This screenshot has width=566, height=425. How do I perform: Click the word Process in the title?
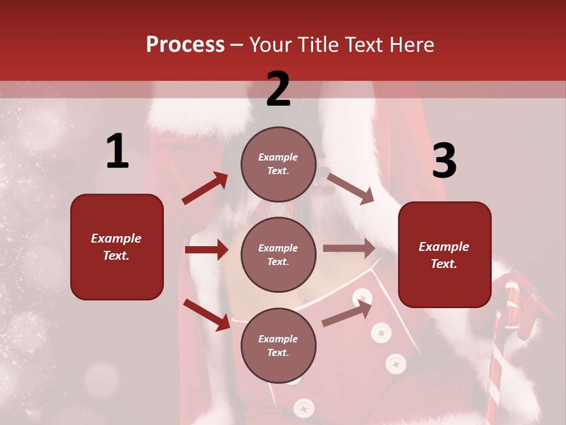pos(185,44)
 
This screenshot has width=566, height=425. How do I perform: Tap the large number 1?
pos(117,152)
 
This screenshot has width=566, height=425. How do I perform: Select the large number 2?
pos(278,90)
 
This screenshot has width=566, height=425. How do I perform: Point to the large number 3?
pos(444,161)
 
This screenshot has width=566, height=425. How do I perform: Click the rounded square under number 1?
pos(117,247)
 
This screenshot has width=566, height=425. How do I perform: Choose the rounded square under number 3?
pos(445,254)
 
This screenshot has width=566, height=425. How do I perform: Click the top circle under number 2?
pos(278,164)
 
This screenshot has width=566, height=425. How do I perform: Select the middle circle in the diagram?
pos(278,254)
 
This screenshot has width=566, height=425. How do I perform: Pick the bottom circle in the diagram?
pos(278,345)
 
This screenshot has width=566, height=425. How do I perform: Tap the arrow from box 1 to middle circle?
pos(206,250)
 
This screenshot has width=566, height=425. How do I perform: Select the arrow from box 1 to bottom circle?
pos(206,315)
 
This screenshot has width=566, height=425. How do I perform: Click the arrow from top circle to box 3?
pos(350,188)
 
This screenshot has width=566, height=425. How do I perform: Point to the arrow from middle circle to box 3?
pos(349,249)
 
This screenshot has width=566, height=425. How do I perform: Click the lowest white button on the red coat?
pos(304,407)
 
